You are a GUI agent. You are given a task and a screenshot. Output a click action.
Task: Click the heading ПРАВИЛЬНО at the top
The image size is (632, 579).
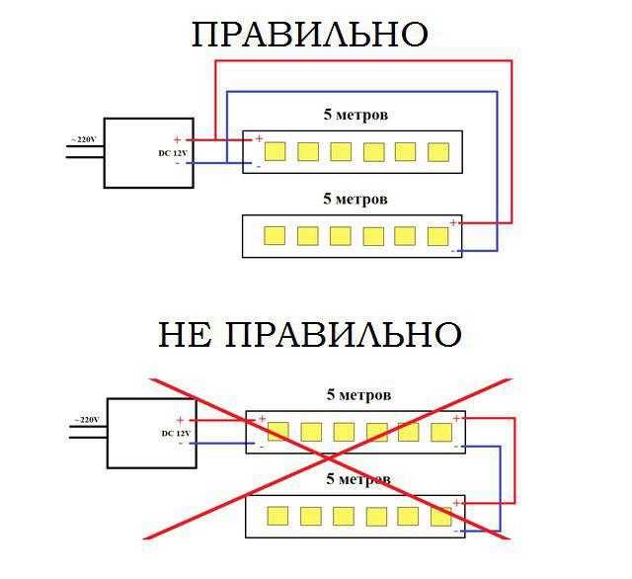point(309,35)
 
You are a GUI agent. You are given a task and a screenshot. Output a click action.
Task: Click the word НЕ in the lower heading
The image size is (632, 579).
point(189,334)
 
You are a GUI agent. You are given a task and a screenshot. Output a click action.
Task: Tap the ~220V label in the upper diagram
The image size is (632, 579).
point(82,140)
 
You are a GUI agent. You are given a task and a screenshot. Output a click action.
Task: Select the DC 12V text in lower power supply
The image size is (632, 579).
point(175,434)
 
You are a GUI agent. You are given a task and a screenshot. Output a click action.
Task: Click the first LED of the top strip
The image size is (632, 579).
point(275,151)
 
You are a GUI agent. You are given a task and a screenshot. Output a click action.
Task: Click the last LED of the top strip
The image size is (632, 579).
point(438,151)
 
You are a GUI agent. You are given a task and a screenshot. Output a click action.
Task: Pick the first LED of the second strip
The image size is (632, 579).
point(275,235)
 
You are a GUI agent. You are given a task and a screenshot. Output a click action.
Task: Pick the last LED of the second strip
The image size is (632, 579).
point(438,235)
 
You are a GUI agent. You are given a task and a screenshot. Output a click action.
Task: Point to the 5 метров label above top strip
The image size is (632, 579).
point(355,115)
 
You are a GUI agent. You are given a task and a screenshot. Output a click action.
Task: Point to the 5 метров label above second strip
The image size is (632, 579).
point(355,199)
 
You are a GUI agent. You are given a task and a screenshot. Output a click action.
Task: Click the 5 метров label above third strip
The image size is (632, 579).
point(358,394)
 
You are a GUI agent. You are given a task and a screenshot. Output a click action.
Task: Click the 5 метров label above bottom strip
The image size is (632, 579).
point(358,479)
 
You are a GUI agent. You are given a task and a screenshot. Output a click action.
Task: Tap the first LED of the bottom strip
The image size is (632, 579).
point(277,516)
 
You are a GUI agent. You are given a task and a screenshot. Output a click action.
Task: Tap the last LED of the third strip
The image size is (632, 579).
point(441,432)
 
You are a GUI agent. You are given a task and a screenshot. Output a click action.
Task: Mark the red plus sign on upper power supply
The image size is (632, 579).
point(178,140)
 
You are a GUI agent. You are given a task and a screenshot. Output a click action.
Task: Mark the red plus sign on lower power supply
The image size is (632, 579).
point(180,421)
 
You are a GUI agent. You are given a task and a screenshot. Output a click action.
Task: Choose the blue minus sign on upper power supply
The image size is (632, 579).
point(178,163)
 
